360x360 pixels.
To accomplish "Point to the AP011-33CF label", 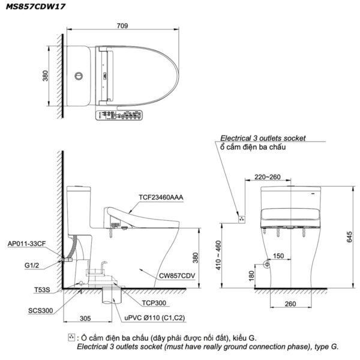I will (28, 245).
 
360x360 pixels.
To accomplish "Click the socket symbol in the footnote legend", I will (73, 337).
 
